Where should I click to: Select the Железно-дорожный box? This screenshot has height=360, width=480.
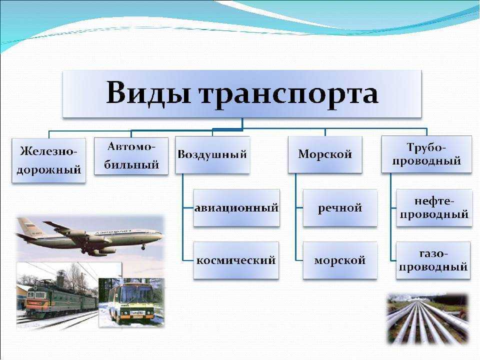tap(49, 160)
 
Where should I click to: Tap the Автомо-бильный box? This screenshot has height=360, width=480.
tap(131, 156)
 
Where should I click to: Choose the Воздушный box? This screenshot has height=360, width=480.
tap(212, 155)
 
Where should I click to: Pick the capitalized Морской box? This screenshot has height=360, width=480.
tap(325, 154)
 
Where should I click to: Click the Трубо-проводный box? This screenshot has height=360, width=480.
tap(426, 154)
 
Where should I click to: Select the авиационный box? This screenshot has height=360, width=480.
tap(236, 208)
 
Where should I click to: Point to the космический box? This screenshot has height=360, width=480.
tap(236, 260)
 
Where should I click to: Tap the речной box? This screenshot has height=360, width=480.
tap(340, 208)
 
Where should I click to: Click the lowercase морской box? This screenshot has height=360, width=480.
tap(340, 260)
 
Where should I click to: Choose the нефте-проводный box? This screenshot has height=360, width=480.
tap(434, 208)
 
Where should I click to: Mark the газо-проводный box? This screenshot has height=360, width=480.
tap(433, 260)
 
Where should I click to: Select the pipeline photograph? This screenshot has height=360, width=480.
tap(427, 318)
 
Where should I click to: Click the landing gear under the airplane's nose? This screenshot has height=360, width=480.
tap(143, 247)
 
